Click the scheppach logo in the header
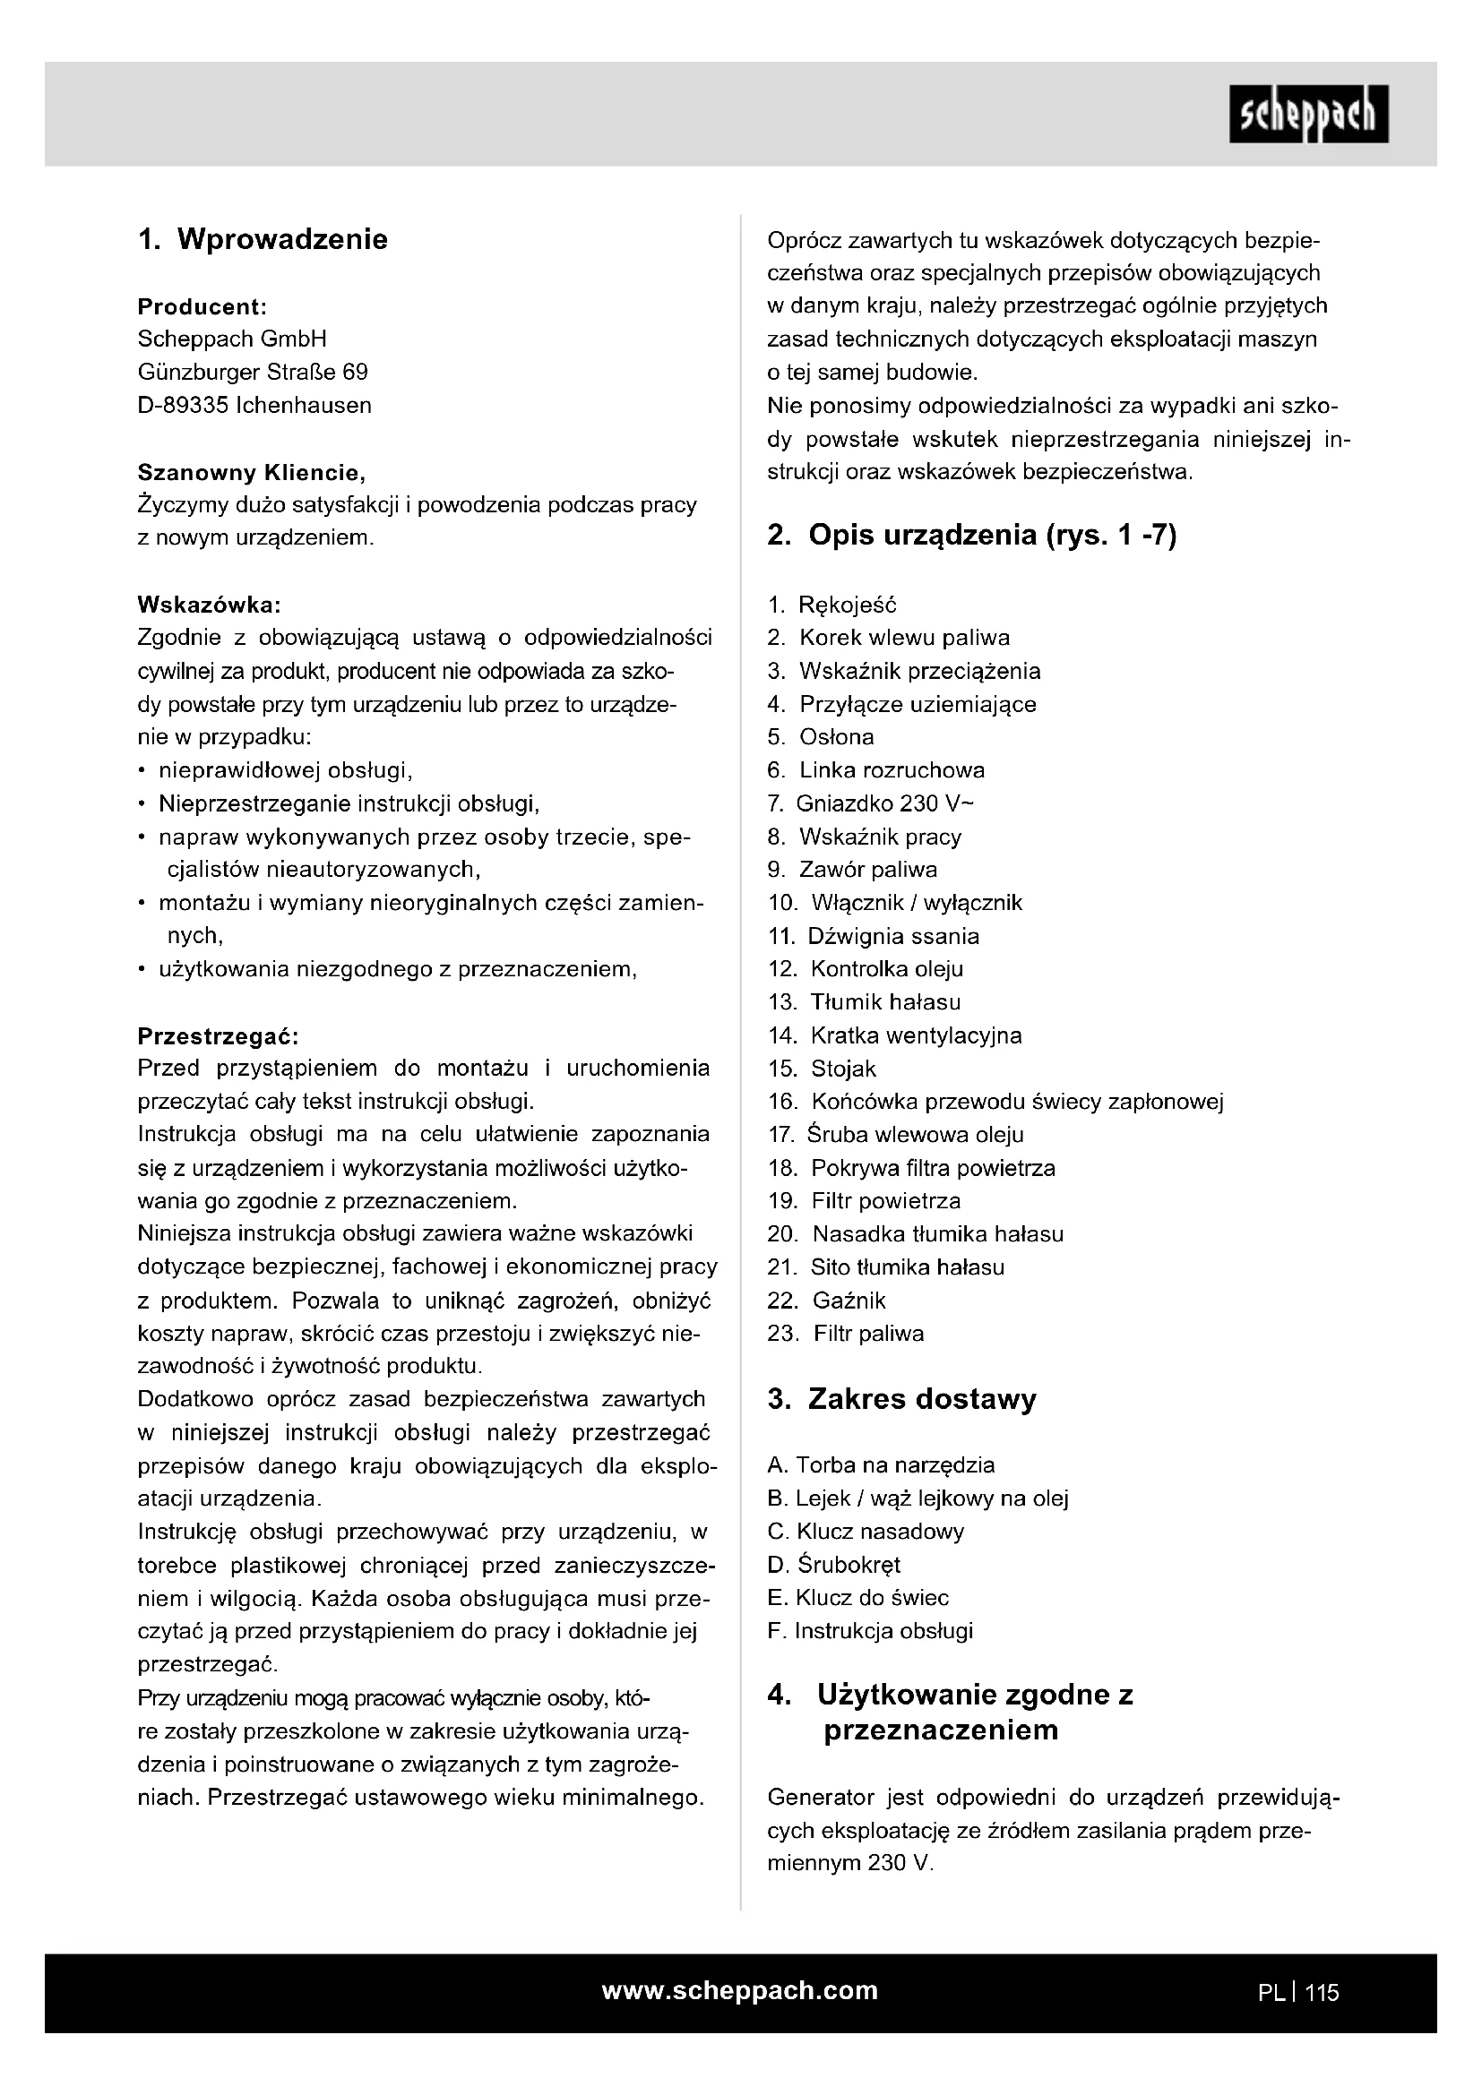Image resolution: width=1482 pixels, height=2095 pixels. (x=1307, y=114)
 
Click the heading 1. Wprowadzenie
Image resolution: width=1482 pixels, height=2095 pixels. (x=263, y=239)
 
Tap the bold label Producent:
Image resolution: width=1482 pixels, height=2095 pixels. (x=202, y=306)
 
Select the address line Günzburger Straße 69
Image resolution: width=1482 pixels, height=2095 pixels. (x=253, y=373)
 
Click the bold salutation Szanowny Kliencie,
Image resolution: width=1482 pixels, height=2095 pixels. (x=251, y=473)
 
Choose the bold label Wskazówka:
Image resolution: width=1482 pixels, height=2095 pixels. (x=209, y=604)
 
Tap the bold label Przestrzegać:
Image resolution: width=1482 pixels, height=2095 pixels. (x=218, y=1036)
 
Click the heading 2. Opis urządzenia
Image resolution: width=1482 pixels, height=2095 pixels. (x=971, y=535)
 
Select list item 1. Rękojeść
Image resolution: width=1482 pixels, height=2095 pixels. (x=832, y=605)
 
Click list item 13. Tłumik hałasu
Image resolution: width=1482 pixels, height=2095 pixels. (x=864, y=1003)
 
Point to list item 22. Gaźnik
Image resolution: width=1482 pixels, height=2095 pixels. (x=827, y=1301)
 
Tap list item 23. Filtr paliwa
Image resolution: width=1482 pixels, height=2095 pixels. (x=846, y=1334)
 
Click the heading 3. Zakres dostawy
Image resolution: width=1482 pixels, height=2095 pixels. (x=901, y=1400)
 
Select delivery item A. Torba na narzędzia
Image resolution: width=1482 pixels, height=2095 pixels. (x=882, y=1465)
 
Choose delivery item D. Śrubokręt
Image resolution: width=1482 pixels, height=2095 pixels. (x=834, y=1565)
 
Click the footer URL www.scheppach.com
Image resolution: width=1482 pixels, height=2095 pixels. (x=739, y=1991)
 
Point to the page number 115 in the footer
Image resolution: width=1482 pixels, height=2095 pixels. (x=1322, y=1993)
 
